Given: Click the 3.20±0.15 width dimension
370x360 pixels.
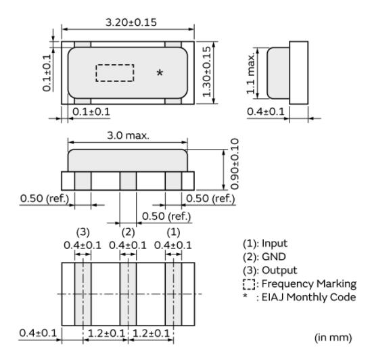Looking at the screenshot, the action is click(131, 22).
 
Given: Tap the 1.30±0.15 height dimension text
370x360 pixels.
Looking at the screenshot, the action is click(207, 72).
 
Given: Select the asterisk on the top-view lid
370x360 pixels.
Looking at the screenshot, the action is click(160, 72).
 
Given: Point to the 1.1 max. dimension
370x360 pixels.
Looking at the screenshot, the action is click(250, 73).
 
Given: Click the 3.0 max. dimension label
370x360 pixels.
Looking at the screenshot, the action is click(128, 136).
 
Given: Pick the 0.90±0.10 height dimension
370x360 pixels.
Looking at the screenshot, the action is click(234, 164).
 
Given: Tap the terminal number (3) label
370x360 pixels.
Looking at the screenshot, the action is click(83, 232).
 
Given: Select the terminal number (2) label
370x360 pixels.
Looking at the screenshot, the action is click(128, 232).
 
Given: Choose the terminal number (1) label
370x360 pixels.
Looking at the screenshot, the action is click(173, 232).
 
